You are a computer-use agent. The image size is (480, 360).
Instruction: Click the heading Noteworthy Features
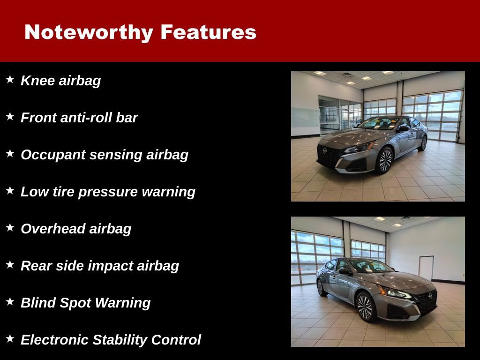[140, 32]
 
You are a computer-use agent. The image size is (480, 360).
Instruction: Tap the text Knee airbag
[60, 81]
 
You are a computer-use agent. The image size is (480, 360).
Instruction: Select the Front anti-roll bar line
[79, 118]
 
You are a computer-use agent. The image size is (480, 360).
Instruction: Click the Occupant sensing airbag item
[104, 155]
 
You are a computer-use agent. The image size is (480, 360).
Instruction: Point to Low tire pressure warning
[108, 192]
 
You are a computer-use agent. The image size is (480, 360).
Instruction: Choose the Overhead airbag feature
[76, 229]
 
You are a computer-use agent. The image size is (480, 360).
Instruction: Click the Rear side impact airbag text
[99, 266]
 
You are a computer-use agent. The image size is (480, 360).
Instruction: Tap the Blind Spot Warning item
[85, 303]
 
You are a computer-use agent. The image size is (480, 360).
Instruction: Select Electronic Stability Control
[111, 340]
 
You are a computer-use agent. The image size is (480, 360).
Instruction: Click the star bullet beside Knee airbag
[10, 80]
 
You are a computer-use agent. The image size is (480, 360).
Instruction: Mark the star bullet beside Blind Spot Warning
[10, 302]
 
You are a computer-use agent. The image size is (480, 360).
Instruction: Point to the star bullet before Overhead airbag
[10, 228]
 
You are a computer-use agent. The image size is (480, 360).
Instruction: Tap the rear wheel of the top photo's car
[423, 142]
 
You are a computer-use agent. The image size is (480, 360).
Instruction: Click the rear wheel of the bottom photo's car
[321, 287]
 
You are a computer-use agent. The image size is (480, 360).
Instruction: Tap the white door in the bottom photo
[426, 269]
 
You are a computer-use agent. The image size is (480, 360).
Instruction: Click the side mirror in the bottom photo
[344, 271]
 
